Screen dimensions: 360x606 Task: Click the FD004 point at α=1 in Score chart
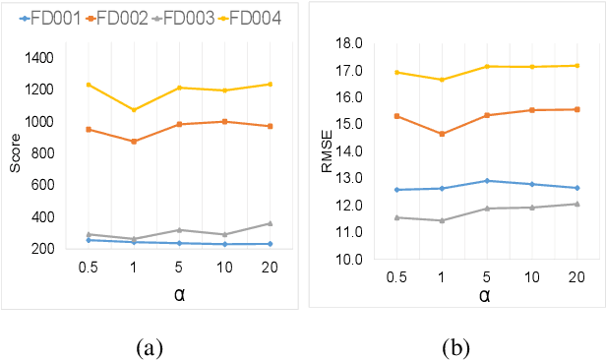[x=134, y=109]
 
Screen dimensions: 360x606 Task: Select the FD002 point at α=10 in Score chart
[x=224, y=121]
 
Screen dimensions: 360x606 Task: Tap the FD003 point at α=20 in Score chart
[x=270, y=223]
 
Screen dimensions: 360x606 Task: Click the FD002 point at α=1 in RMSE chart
[x=442, y=134]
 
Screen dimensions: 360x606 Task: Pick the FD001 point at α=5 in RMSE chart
[x=487, y=181]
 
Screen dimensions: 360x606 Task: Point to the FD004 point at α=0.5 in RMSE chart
[x=396, y=72]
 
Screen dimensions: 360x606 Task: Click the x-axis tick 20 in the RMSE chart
[x=576, y=278]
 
